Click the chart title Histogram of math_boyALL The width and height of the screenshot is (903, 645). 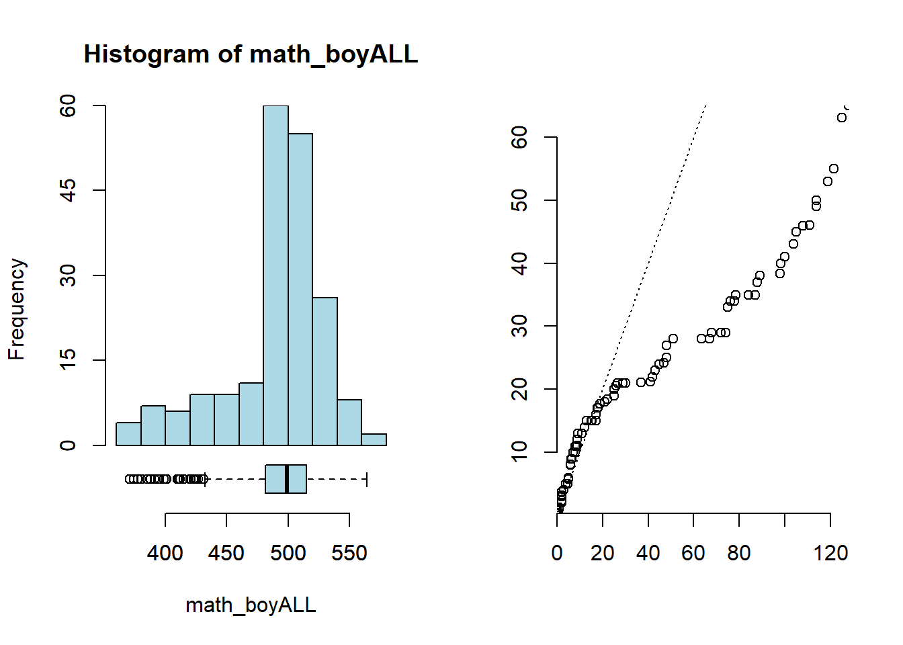coord(251,54)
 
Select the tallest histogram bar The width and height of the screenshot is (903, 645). coord(275,275)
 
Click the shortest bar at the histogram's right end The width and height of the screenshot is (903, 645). coord(374,439)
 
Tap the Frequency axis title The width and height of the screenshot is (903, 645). coord(17,309)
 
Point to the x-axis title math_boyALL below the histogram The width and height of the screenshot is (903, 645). coord(251,605)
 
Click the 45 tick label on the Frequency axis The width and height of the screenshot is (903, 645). coord(68,190)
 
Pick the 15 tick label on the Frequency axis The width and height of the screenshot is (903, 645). coord(68,360)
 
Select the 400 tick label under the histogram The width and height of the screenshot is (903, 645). coord(165,553)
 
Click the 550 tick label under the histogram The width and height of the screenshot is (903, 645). coord(349,553)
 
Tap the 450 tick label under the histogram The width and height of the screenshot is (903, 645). coord(226,553)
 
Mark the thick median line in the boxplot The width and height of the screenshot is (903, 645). coord(287,479)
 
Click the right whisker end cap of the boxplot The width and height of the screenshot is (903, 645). coord(367,479)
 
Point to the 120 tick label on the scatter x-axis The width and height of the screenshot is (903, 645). coord(830,553)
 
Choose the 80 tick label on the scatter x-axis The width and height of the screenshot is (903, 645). coord(739,553)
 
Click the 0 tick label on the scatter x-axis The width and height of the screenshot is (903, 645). coord(557,553)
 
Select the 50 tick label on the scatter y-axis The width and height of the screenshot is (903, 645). coord(519,200)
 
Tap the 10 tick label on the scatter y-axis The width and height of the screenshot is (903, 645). coord(519,451)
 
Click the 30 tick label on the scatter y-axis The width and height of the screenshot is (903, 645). coord(519,326)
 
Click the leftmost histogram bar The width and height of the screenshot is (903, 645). coord(128,434)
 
